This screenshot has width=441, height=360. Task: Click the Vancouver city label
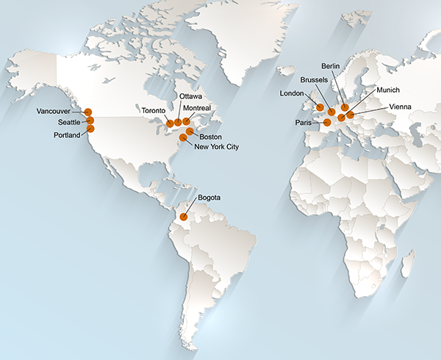point(54,112)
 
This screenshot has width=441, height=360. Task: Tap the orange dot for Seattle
point(90,120)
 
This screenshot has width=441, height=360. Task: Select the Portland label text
point(68,136)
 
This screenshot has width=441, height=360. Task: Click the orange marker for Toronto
point(170,123)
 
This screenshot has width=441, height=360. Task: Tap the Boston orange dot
point(190,132)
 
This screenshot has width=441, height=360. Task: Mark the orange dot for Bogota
point(184,217)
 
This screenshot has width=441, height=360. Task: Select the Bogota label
point(209,198)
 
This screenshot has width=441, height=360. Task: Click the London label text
point(293,93)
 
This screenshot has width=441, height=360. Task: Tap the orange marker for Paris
point(327,123)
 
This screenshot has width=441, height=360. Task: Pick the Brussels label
point(316,79)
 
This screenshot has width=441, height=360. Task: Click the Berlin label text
point(331,66)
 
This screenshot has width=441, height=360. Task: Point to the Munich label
point(387,90)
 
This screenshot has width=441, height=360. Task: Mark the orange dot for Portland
point(90,129)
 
